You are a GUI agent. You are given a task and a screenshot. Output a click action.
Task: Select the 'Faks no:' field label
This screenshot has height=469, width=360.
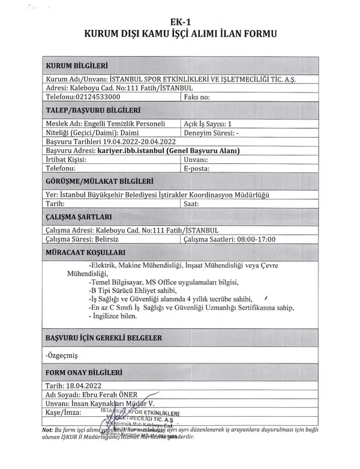tap(197, 95)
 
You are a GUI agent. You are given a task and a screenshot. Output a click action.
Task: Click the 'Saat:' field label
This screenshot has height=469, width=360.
tap(192, 204)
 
